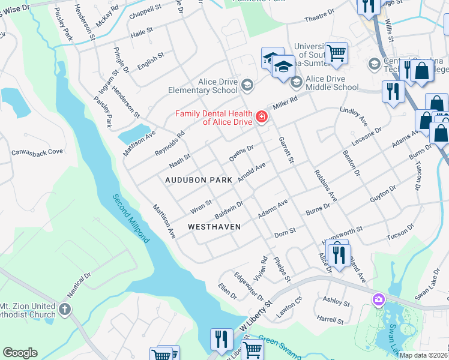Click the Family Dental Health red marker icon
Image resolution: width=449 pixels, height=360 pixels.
click(x=261, y=116)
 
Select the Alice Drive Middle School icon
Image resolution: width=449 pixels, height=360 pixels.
click(x=295, y=82)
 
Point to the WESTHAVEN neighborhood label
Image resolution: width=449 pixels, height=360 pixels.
click(x=214, y=227)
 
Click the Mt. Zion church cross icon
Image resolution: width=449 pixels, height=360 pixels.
click(x=65, y=310)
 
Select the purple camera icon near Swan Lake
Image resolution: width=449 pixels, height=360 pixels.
click(x=378, y=299)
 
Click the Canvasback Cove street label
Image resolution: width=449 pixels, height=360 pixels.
click(x=37, y=152)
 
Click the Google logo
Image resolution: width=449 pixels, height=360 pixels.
click(x=20, y=353)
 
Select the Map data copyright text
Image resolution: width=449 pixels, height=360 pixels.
click(x=423, y=355)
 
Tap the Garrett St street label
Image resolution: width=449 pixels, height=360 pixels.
click(x=286, y=150)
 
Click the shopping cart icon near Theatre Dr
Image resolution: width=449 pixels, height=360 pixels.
click(x=336, y=52)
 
